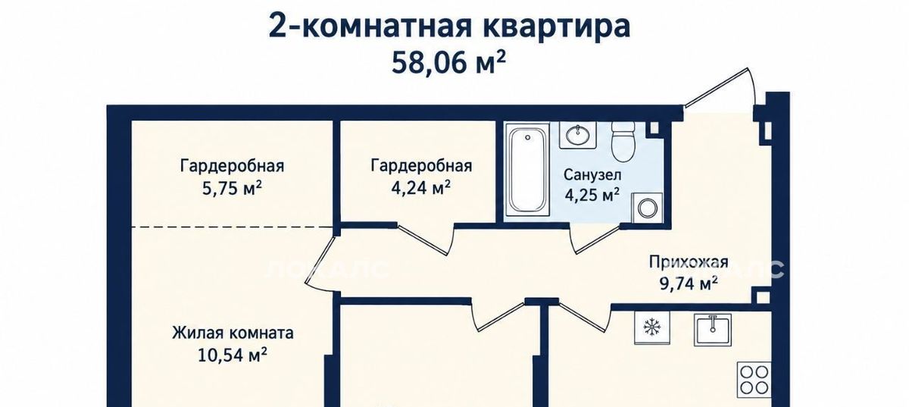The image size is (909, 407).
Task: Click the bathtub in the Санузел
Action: (527, 170)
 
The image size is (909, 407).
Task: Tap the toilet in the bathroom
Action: (623, 141)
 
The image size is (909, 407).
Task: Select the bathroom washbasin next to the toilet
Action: (578, 135)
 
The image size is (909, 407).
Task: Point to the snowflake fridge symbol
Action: (652, 327)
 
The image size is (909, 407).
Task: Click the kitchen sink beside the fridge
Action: (713, 330)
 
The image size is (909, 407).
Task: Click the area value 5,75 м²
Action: (232, 189)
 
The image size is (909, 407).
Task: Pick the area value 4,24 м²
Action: (421, 188)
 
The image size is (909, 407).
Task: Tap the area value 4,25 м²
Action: (592, 195)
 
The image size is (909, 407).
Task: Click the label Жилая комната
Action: (233, 333)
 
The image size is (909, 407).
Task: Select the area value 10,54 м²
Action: (232, 355)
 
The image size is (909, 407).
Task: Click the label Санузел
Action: (592, 174)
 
